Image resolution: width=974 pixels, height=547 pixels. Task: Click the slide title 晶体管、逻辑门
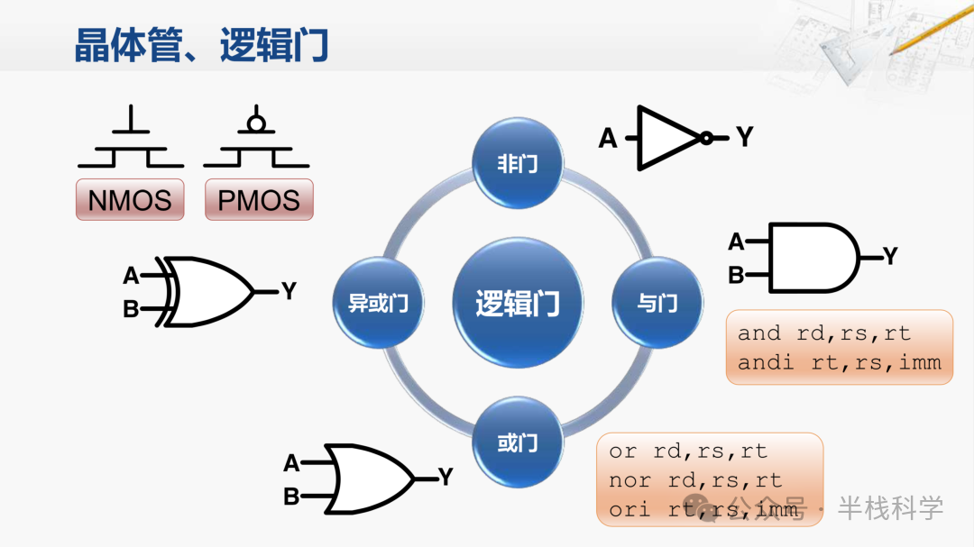coord(201,45)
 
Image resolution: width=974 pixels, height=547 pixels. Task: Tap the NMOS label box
coord(130,199)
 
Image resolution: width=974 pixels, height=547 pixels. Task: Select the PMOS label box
coord(259,199)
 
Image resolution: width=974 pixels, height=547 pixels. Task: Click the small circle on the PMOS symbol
coord(256,122)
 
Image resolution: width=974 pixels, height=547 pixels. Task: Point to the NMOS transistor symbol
coord(131,140)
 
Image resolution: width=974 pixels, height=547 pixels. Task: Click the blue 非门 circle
coord(518,163)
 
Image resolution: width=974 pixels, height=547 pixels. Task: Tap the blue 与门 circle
coord(657,303)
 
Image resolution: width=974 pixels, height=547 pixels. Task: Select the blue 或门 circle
coord(518,442)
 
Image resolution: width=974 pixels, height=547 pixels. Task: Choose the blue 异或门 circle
coord(378,303)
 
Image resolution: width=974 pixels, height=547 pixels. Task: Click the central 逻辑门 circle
coord(518,303)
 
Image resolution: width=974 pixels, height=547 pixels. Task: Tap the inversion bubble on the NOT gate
coord(707,138)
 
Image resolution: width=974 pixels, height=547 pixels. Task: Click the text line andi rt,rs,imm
coord(839,362)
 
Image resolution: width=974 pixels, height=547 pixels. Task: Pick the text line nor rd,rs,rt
coord(695,480)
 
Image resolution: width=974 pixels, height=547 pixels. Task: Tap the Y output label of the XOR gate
coord(289,291)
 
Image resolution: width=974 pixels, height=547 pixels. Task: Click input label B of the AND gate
coord(736,276)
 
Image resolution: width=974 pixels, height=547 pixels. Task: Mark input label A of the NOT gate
coord(609,139)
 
